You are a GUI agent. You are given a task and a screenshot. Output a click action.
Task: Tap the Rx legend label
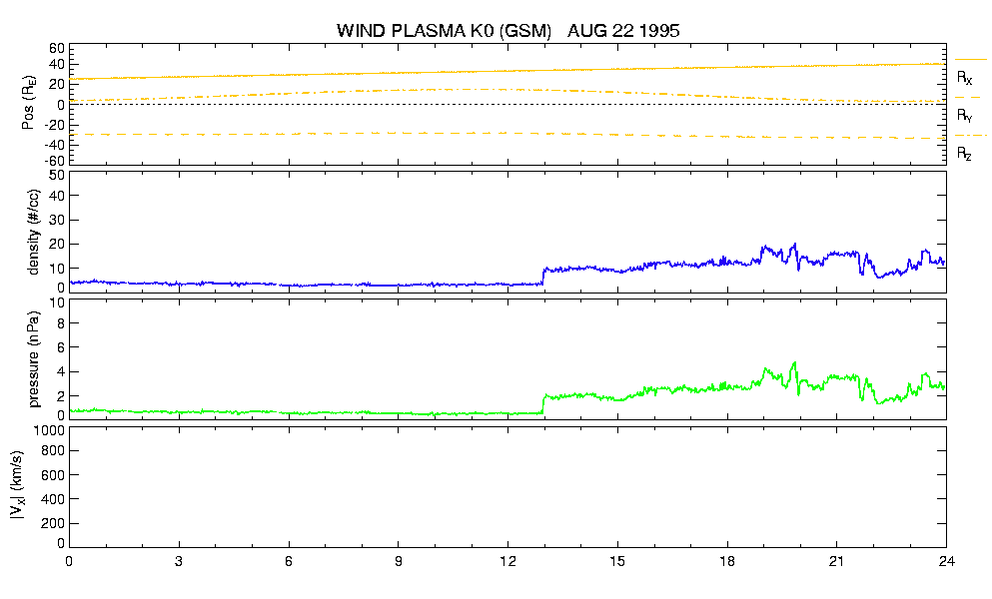964,78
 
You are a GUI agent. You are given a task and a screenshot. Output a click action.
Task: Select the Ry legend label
964,116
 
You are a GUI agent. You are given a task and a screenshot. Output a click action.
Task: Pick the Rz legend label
964,154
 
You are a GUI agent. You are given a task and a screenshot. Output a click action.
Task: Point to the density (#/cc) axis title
34,232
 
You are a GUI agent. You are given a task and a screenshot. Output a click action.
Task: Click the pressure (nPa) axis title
34,358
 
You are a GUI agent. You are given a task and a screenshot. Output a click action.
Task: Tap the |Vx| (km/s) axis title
18,486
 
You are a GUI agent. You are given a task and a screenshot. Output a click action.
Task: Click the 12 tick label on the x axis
507,561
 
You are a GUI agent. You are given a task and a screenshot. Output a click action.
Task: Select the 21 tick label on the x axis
836,561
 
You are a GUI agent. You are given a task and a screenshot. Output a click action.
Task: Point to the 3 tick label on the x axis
179,561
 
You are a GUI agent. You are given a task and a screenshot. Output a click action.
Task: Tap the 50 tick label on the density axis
57,176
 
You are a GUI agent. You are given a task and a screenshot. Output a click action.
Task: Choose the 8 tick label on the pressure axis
61,323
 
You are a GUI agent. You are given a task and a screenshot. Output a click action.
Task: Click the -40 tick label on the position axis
54,145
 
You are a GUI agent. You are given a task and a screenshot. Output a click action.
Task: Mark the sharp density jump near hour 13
543,276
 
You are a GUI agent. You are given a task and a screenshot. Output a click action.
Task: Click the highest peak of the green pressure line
794,363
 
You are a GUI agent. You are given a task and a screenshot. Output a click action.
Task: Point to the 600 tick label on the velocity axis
53,475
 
